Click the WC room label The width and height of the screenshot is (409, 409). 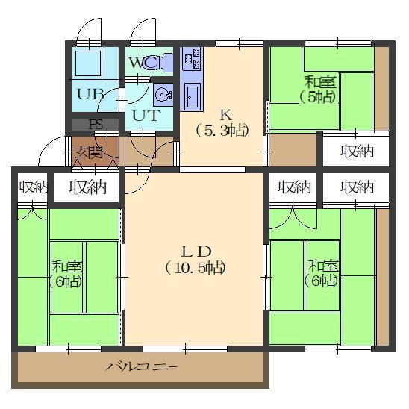point(143,63)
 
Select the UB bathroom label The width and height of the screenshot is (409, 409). point(90,94)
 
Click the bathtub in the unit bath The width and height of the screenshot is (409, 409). point(88,63)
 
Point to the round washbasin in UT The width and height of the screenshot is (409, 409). point(163,95)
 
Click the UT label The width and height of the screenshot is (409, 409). point(146,115)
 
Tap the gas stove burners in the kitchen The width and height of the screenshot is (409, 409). point(193,59)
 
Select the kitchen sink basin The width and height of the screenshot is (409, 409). point(193,96)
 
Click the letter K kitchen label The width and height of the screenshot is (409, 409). point(226,115)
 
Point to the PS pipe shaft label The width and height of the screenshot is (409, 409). point(96,125)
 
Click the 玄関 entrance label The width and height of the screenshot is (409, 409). point(88,153)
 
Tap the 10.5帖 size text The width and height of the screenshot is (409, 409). point(196,268)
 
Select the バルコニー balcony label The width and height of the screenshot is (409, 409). point(142,367)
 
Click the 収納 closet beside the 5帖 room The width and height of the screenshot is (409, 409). point(357,152)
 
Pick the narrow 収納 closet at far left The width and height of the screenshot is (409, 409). point(34,187)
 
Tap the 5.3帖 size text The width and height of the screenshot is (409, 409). point(222,131)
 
